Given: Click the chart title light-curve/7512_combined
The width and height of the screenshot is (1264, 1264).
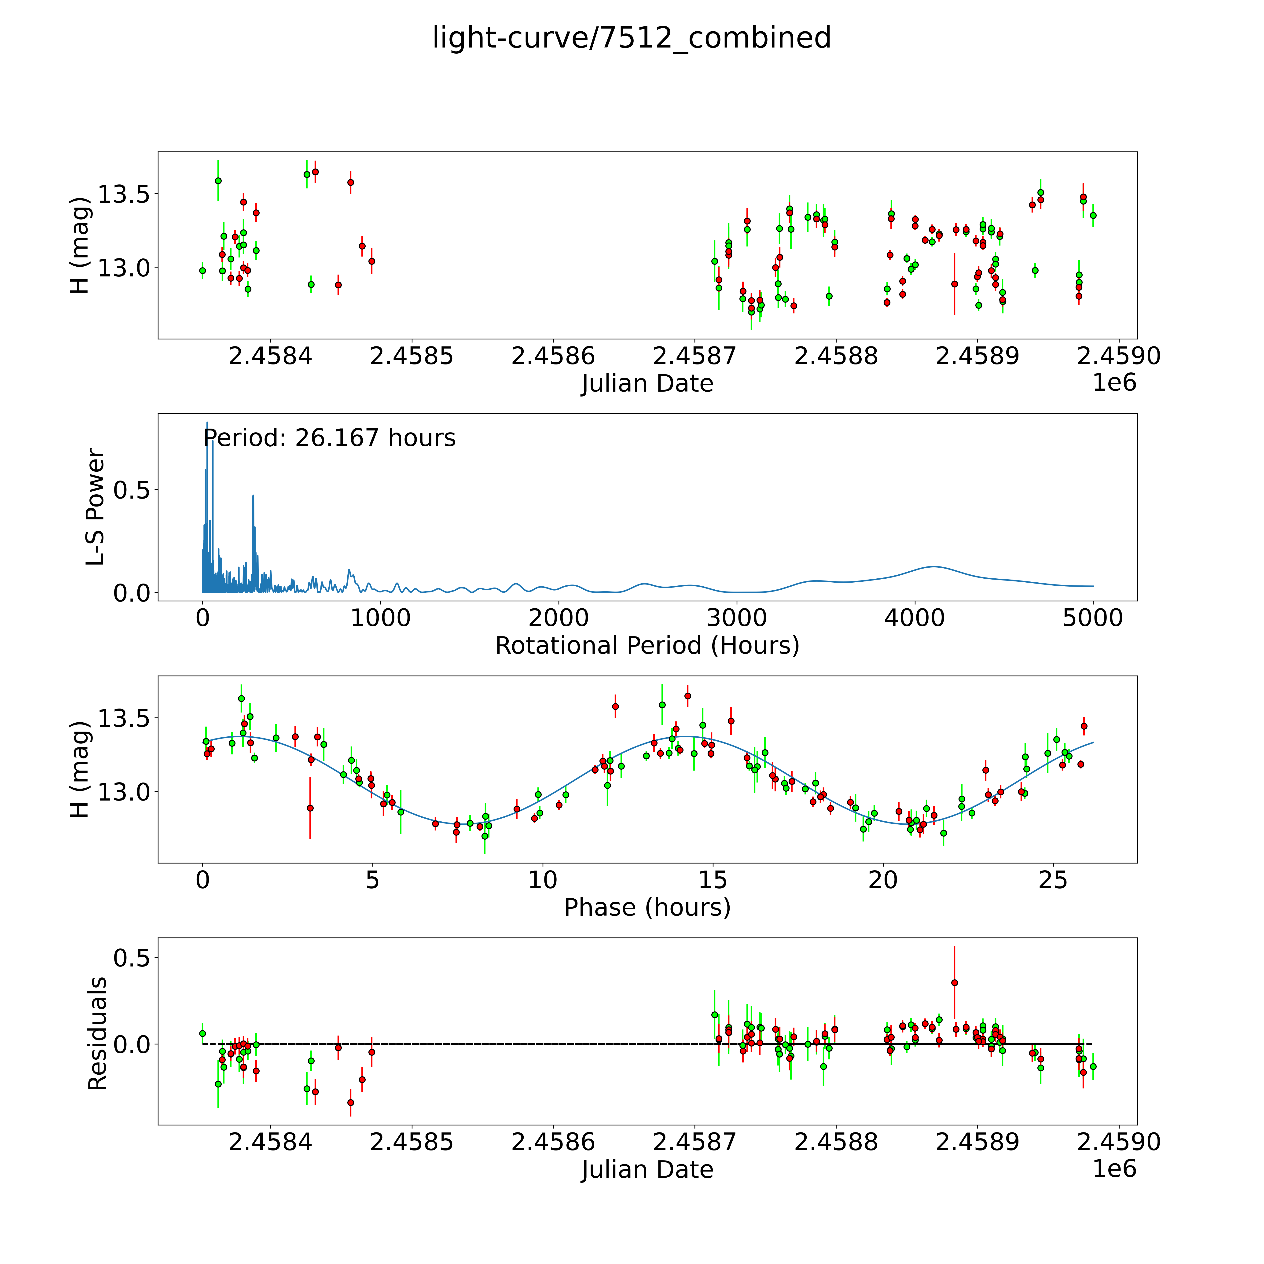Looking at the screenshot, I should (x=631, y=38).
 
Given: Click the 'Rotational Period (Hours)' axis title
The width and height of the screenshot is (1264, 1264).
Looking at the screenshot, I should (x=647, y=646).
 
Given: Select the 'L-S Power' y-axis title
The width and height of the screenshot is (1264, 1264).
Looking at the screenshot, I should (x=96, y=507).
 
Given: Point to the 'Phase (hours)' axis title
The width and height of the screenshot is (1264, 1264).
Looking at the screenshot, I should (x=647, y=908).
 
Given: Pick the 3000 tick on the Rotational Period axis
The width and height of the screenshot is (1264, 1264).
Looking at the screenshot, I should (x=737, y=618).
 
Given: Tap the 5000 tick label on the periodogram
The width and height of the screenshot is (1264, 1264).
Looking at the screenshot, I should (x=1093, y=618).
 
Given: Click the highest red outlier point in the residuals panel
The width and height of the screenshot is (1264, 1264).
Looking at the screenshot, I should (x=955, y=983).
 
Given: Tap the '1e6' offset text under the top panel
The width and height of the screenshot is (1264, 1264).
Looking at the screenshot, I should (x=1114, y=383).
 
